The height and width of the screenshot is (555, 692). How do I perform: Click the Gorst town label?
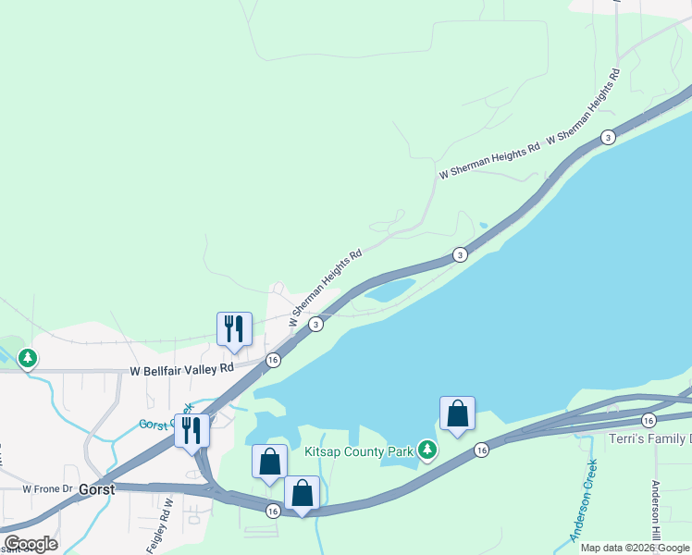pos(96,489)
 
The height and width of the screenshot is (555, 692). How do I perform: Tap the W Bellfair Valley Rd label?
pos(181,370)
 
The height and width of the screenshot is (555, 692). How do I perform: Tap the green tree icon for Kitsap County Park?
pos(426,450)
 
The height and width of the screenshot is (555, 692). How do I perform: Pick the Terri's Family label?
pos(647,438)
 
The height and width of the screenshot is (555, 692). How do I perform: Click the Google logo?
pos(31,544)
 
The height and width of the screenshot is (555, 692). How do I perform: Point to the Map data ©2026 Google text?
pos(636,548)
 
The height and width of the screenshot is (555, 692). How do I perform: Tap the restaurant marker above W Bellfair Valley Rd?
pos(233,328)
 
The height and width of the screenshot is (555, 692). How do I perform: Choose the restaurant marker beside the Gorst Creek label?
pos(192,430)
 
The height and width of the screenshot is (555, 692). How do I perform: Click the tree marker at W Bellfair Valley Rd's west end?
pos(28,357)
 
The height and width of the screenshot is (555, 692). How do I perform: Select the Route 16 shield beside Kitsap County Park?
pos(481,450)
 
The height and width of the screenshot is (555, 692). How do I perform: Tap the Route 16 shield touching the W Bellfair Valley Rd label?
pos(273,360)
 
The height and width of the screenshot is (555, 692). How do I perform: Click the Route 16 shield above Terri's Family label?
pos(648,420)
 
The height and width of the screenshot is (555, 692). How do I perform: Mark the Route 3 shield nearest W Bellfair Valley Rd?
pos(316,324)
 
